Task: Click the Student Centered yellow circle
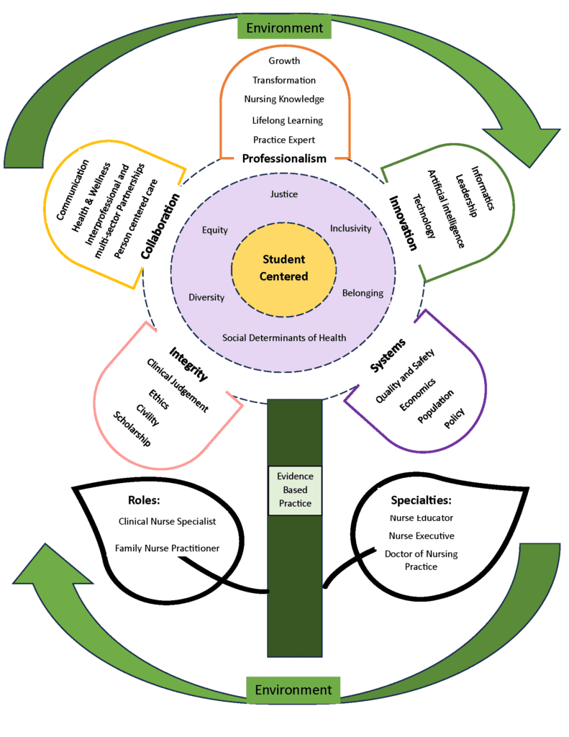(x=283, y=268)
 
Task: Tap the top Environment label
(x=284, y=28)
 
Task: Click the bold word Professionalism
(x=284, y=158)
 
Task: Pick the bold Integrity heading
(x=189, y=364)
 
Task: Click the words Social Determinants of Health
(x=284, y=338)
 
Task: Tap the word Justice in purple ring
(x=283, y=194)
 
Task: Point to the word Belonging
(x=363, y=294)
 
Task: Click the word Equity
(x=215, y=230)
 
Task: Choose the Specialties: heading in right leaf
(x=421, y=499)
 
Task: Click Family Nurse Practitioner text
(x=167, y=548)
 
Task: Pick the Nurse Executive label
(x=422, y=535)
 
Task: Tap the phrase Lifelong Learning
(x=288, y=120)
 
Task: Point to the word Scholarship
(x=132, y=429)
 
